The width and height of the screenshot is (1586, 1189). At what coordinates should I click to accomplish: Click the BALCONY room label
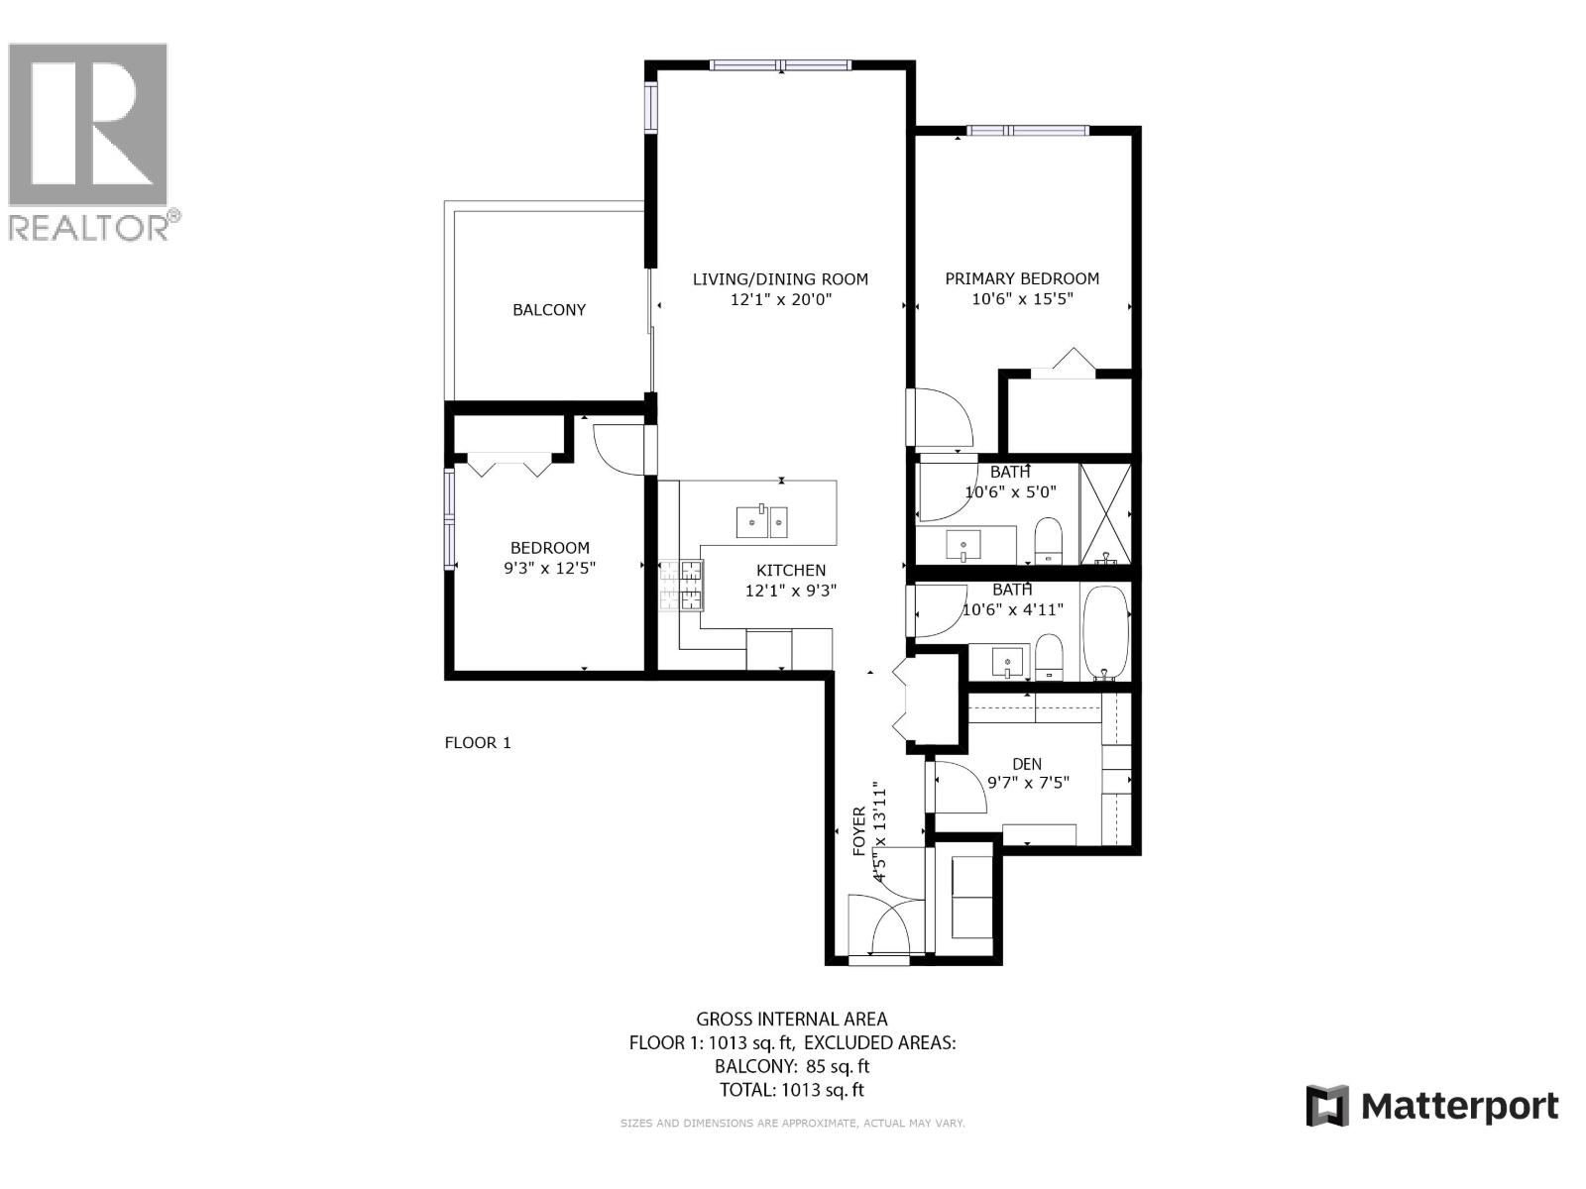click(x=548, y=310)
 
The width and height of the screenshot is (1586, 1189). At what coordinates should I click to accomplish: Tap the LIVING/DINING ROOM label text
click(x=780, y=279)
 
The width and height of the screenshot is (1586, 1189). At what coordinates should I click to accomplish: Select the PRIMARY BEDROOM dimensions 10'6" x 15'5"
click(x=1022, y=298)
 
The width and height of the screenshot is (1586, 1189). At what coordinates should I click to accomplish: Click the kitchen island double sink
click(x=761, y=521)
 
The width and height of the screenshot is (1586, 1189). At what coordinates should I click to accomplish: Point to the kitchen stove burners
click(x=682, y=585)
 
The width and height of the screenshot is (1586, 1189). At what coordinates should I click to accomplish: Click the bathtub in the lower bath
click(x=1104, y=630)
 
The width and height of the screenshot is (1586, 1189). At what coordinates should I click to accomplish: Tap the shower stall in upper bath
click(x=1104, y=513)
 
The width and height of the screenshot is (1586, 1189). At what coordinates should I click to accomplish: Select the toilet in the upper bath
click(x=1048, y=542)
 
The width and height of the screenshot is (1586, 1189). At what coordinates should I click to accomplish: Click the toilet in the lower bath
click(x=1049, y=659)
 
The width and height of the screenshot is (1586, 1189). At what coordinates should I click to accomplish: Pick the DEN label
click(x=1027, y=764)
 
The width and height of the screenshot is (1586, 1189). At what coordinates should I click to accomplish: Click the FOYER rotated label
click(x=859, y=830)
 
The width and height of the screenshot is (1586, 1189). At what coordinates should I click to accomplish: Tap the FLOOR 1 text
click(x=478, y=742)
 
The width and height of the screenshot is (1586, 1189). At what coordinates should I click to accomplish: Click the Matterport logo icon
click(x=1327, y=1106)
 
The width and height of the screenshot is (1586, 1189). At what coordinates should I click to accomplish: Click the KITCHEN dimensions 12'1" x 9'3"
click(x=791, y=591)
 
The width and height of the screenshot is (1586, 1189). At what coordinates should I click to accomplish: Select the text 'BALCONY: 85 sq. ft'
click(x=792, y=1066)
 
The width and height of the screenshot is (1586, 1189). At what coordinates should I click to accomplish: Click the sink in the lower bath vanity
click(x=1008, y=661)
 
